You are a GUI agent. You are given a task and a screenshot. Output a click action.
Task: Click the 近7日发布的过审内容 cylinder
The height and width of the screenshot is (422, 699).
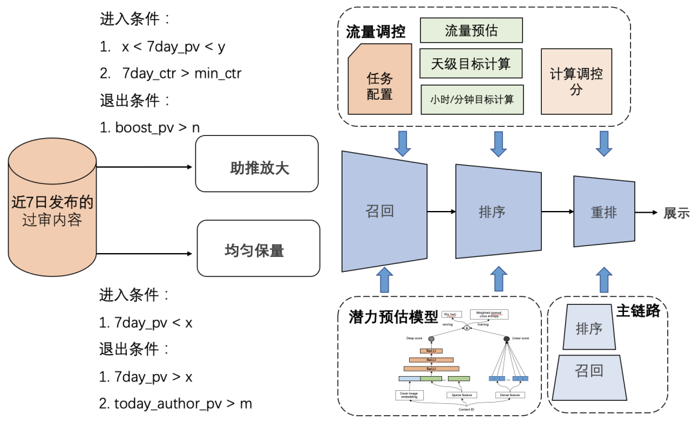[x=52, y=211]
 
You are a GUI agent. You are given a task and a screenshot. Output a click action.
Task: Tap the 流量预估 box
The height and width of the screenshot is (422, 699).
[x=471, y=30]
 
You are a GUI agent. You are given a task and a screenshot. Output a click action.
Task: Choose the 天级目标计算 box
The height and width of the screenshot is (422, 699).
[x=471, y=63]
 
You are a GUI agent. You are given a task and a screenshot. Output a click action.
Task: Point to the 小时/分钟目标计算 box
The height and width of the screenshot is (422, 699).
[x=472, y=99]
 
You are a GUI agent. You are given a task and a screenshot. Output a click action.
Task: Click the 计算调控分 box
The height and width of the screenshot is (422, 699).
[x=576, y=82]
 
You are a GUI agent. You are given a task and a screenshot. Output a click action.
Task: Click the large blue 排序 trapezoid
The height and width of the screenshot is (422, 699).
[x=498, y=212]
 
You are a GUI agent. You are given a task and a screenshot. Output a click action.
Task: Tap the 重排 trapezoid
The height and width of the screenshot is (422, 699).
[x=604, y=212]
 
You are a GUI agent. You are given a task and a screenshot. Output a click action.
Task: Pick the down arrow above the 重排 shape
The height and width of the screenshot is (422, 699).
[x=604, y=144]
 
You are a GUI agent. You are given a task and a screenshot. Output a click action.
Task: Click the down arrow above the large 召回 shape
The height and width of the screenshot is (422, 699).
[x=403, y=144]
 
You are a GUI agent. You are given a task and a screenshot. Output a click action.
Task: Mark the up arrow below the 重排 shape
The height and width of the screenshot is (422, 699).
[x=604, y=280]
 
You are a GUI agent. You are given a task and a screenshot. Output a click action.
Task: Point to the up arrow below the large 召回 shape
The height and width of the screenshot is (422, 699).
[x=384, y=280]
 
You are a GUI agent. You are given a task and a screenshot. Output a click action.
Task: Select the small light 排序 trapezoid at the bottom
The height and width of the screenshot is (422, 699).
[x=589, y=329]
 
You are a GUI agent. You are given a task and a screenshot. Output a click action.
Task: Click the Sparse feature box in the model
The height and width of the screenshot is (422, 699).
[x=461, y=395]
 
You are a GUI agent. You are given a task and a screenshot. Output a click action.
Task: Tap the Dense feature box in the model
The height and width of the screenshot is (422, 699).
[x=509, y=395]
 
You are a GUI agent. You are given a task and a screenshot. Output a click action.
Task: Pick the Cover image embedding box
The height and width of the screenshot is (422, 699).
[x=409, y=395]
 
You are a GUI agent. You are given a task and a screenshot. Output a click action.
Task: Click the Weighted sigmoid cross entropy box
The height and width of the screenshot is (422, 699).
[x=489, y=314]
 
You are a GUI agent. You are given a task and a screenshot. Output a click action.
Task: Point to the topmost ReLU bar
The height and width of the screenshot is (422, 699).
[x=430, y=351]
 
